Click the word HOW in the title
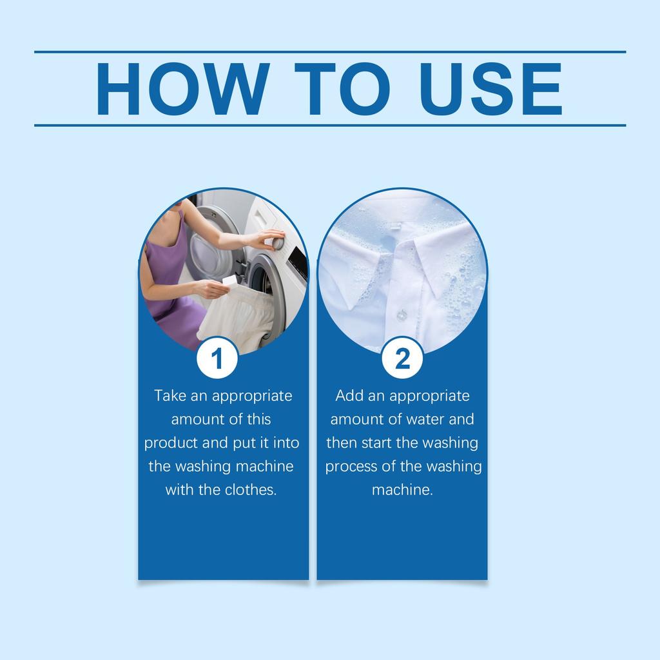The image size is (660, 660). [183, 89]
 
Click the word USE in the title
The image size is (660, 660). [491, 89]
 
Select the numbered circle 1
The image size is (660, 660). [217, 358]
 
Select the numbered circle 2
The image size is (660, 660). [402, 358]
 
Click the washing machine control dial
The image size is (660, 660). [277, 244]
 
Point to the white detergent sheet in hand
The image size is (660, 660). [229, 280]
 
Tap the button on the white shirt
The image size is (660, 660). [402, 315]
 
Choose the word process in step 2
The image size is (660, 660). [350, 467]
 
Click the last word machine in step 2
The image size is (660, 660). [402, 490]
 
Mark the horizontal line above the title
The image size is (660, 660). [330, 52]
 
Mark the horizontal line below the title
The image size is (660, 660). [330, 125]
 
